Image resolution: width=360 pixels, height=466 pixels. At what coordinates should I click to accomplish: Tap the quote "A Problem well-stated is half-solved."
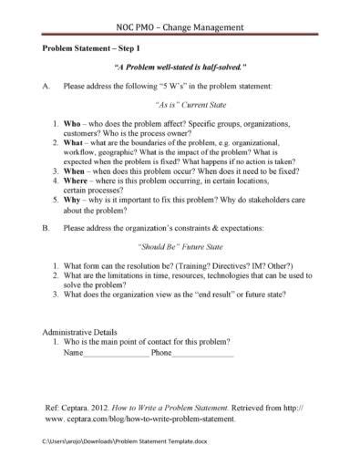coord(180,68)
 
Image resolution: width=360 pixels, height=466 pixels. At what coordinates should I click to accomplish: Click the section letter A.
coord(46,87)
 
